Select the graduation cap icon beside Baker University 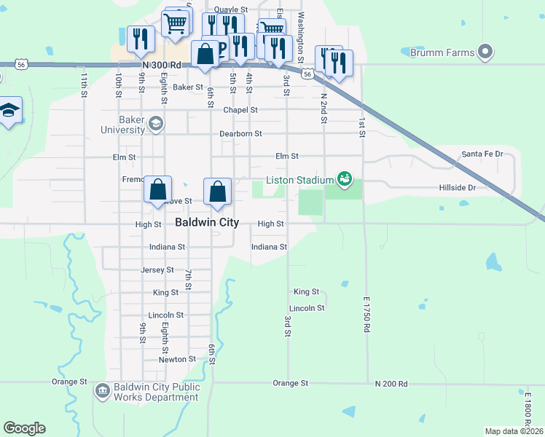[x=154, y=125]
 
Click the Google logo [x=24, y=428]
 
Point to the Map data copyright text [x=514, y=431]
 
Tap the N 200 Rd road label [x=392, y=383]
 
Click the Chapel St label [x=240, y=110]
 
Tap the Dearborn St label [x=240, y=134]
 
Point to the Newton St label [x=178, y=359]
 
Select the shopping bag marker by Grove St [x=158, y=191]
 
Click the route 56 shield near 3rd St [x=308, y=74]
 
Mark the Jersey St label [x=157, y=269]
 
